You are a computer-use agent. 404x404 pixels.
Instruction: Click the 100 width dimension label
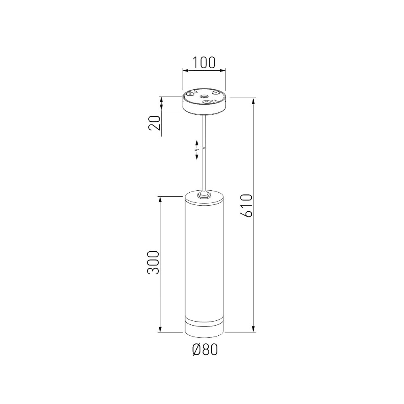point(204,63)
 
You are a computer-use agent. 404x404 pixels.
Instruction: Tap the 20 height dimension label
point(155,123)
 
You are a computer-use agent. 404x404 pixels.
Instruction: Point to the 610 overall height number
point(246,206)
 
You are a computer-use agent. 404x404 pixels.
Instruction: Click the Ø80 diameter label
point(205,349)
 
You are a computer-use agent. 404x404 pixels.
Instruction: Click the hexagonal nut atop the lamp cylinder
point(204,195)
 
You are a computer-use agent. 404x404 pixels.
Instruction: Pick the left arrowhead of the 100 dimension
point(185,70)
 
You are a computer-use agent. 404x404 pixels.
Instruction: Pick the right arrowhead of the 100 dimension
point(222,70)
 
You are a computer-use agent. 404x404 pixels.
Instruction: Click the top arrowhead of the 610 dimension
point(254,101)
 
